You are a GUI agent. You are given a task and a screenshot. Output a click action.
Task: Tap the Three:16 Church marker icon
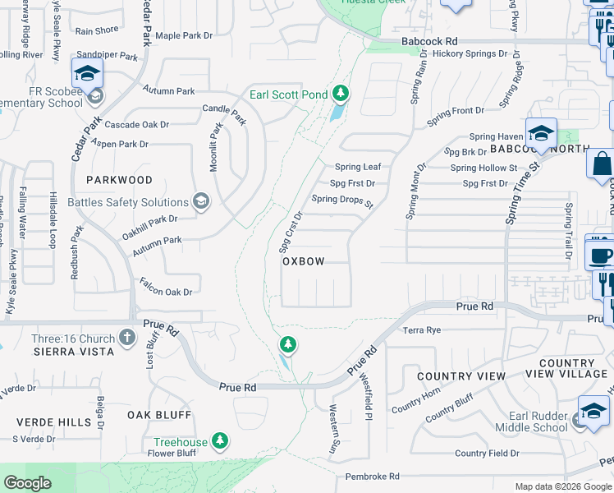[x=126, y=337]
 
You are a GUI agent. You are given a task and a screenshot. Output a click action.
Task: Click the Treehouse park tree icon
[x=219, y=441]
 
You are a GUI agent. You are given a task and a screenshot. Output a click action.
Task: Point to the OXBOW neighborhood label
[x=304, y=261]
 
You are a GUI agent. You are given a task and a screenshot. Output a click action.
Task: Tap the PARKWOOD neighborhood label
[x=119, y=179]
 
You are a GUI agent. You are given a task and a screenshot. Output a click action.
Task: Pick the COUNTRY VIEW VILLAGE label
[x=573, y=368]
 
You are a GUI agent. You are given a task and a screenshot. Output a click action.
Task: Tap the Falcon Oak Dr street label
[x=165, y=292]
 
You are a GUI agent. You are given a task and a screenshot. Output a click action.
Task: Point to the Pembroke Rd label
[x=372, y=476]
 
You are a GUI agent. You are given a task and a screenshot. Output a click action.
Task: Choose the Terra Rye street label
[x=422, y=330]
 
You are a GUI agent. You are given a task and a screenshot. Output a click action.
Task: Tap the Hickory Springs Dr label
[x=470, y=53]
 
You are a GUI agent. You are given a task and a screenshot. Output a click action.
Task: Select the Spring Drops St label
[x=342, y=200]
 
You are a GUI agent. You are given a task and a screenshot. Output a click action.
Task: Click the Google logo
[x=27, y=483]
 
